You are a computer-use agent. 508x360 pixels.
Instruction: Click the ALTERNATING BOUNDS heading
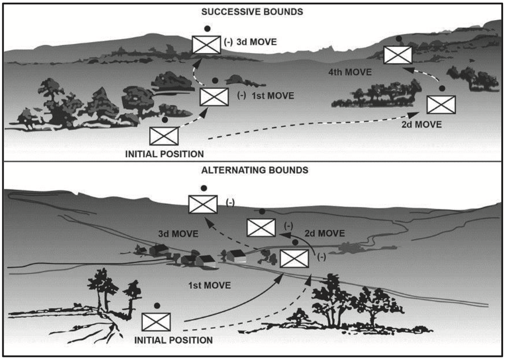(x=254, y=171)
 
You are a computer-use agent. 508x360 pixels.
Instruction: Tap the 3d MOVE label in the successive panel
(x=256, y=43)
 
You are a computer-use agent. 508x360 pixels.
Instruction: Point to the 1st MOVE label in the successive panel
(x=260, y=95)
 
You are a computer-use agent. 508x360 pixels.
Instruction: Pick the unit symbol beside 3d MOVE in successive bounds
(x=207, y=44)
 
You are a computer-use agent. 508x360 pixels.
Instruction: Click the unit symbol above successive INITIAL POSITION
(x=164, y=136)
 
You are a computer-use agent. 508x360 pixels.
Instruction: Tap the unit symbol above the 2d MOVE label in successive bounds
(x=441, y=105)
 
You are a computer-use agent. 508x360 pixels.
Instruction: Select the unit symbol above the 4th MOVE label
(x=398, y=55)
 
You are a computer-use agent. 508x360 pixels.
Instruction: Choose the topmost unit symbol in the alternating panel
(x=203, y=204)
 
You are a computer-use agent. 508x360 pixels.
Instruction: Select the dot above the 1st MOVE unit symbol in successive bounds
(x=215, y=81)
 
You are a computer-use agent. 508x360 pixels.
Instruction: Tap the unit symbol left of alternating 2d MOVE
(x=261, y=227)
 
